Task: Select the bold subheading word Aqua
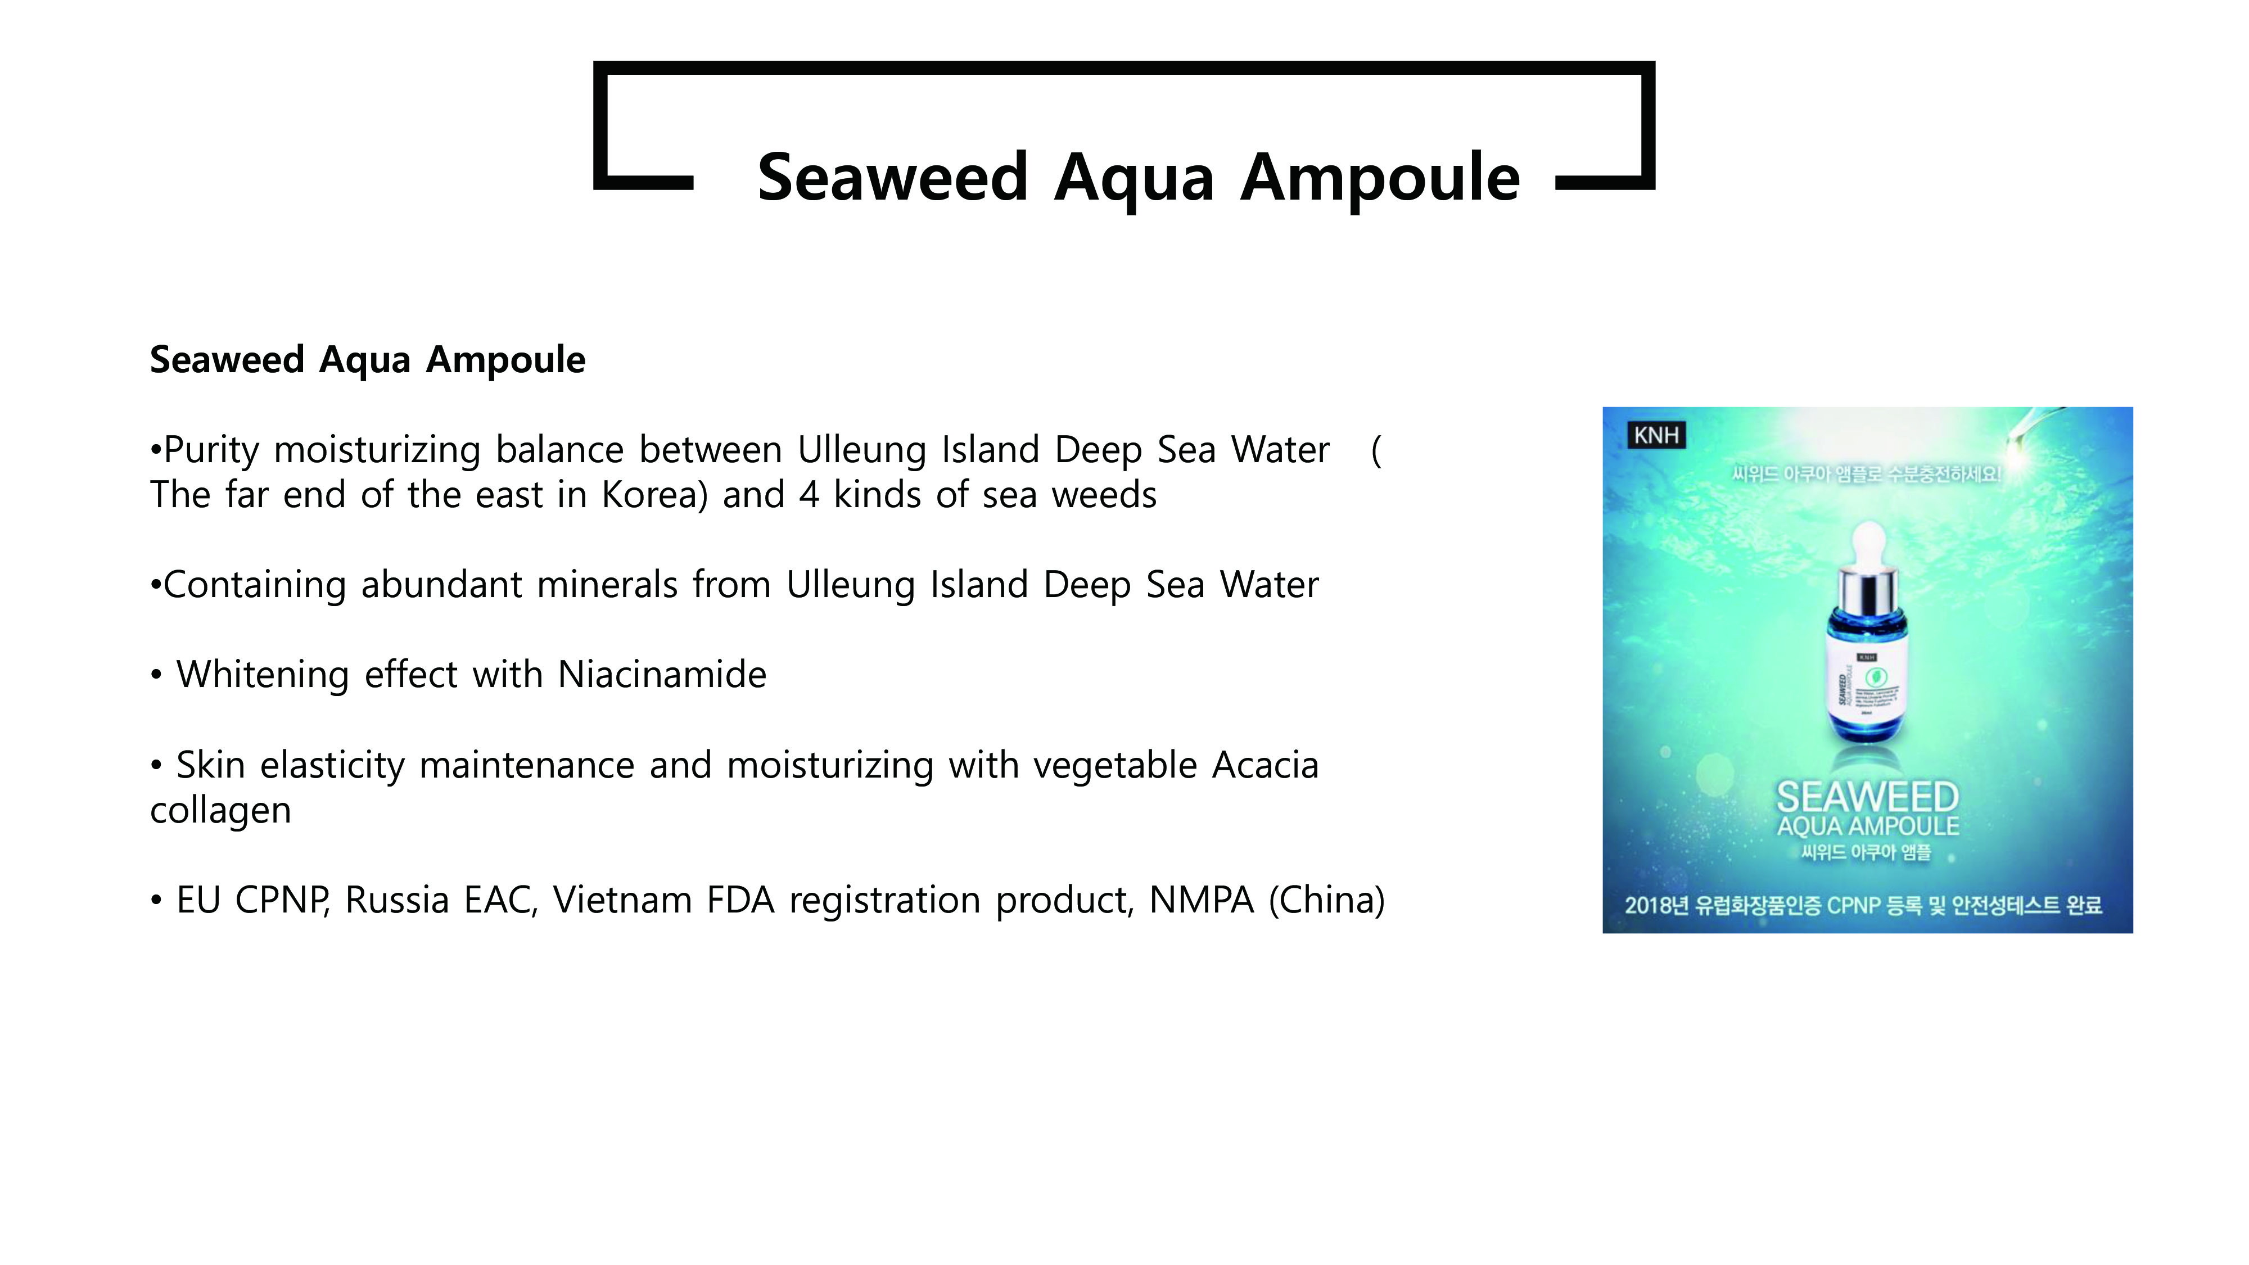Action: (x=365, y=360)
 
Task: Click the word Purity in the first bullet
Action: (x=211, y=450)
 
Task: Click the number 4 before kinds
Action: (x=809, y=495)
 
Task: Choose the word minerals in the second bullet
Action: (x=607, y=585)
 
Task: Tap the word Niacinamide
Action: (x=662, y=675)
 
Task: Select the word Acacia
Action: (x=1265, y=766)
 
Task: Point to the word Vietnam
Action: (x=622, y=900)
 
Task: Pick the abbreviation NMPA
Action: (x=1202, y=900)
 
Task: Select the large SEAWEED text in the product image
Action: (x=1867, y=796)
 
